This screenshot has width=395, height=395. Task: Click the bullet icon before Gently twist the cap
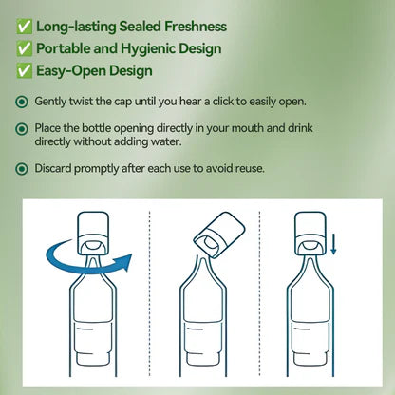coord(22,101)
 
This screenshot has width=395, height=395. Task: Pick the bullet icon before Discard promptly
coord(22,170)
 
